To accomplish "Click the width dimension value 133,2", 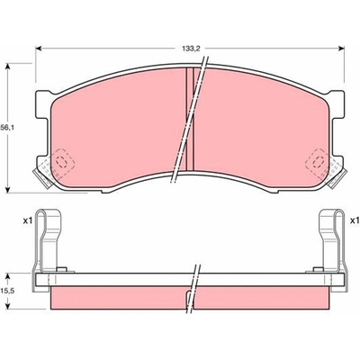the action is (189, 49).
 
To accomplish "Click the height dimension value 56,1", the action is (7, 128).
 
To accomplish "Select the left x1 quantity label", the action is (28, 221).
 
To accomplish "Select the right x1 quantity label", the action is (355, 221).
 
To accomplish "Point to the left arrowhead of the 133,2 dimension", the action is (38, 49).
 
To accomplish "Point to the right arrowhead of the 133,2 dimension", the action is (341, 49).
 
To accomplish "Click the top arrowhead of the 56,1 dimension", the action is (8, 66).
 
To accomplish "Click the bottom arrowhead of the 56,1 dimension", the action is (8, 190).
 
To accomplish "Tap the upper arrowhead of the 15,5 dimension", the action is (8, 276).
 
